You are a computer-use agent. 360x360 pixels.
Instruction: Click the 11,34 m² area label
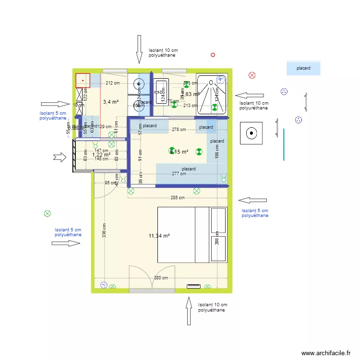pyautogui.click(x=159, y=236)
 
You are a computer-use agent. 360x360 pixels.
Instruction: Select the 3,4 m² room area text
pyautogui.click(x=110, y=102)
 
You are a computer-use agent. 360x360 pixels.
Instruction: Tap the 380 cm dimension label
pyautogui.click(x=161, y=278)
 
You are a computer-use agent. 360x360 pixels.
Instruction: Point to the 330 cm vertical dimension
pyautogui.click(x=104, y=230)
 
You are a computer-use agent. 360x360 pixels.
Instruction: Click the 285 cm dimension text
pyautogui.click(x=177, y=198)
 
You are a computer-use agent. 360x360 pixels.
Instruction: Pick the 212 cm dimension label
pyautogui.click(x=112, y=83)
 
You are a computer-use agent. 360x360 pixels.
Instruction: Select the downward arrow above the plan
pyautogui.click(x=139, y=49)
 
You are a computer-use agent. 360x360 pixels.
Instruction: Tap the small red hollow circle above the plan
pyautogui.click(x=213, y=55)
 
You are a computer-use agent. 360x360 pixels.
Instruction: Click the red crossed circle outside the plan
pyautogui.click(x=252, y=75)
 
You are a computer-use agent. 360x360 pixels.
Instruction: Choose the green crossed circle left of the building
pyautogui.click(x=47, y=214)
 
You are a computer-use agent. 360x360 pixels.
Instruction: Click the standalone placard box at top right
pyautogui.click(x=303, y=68)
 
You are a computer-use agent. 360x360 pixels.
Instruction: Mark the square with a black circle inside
pyautogui.click(x=251, y=133)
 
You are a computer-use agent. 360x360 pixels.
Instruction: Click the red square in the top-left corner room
pyautogui.click(x=83, y=80)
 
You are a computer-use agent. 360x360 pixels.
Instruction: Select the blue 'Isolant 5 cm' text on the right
pyautogui.click(x=255, y=213)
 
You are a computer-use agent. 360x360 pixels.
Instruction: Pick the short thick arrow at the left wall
pyautogui.click(x=60, y=157)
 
